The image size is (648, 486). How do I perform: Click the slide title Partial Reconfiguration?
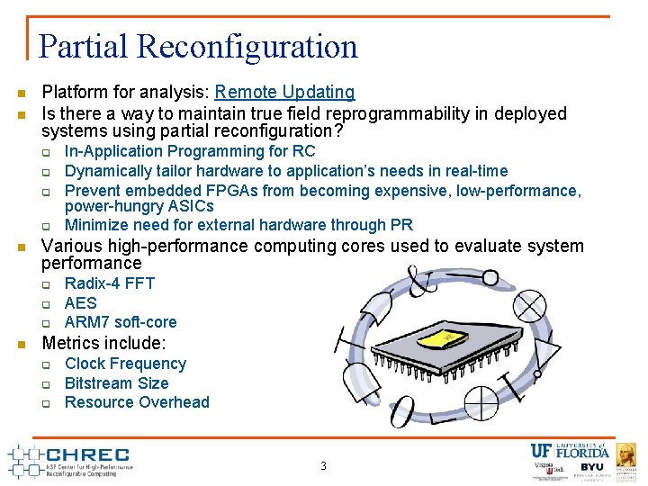199,47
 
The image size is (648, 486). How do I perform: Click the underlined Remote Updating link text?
284,92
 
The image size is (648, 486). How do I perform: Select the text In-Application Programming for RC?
190,151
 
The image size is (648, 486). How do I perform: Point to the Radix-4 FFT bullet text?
110,283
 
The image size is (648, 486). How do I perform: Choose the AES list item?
80,303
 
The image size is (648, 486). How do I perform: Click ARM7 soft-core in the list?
121,322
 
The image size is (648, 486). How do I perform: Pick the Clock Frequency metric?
125,364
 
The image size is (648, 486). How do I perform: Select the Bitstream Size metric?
116,383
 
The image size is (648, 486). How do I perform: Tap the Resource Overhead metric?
137,402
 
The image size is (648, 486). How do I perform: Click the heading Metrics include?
103,343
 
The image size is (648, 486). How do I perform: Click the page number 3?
323,466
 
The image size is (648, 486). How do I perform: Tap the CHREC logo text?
86,455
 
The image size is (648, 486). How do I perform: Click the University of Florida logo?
569,451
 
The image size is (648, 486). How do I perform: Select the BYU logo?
591,469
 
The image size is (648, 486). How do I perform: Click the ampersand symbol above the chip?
421,280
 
